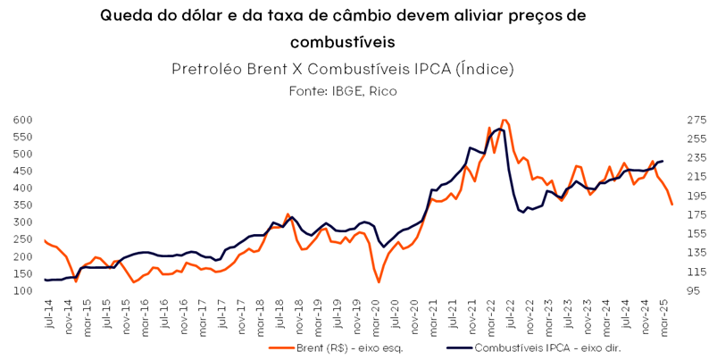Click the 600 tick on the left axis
coord(22,120)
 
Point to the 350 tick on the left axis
coord(22,205)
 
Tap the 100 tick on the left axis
coord(22,290)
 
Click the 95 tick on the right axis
coord(691,290)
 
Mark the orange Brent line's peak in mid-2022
coord(505,120)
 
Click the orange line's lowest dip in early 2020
coord(379,282)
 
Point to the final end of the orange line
coord(672,205)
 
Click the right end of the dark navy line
coord(662,161)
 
